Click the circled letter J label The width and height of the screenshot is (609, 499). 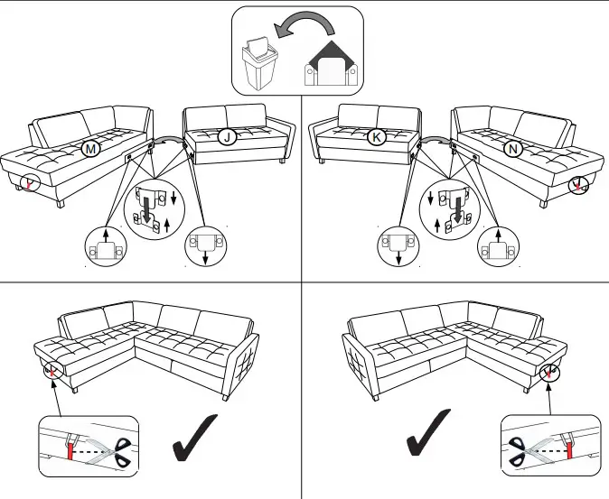point(227,137)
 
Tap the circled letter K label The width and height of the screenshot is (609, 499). point(377,137)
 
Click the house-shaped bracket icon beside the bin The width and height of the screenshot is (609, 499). point(332,65)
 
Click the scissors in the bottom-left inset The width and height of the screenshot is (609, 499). point(115,447)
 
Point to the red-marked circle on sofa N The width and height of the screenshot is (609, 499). point(576,184)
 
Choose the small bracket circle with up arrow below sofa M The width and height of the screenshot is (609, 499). point(106,247)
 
